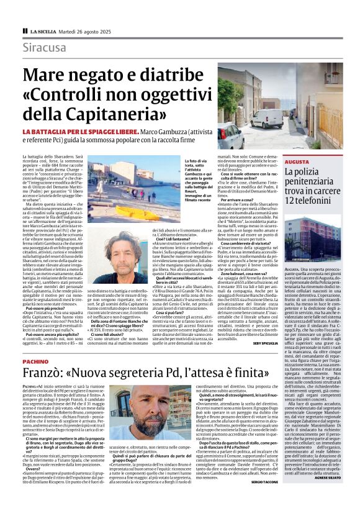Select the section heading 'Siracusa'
[x=46, y=48]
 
